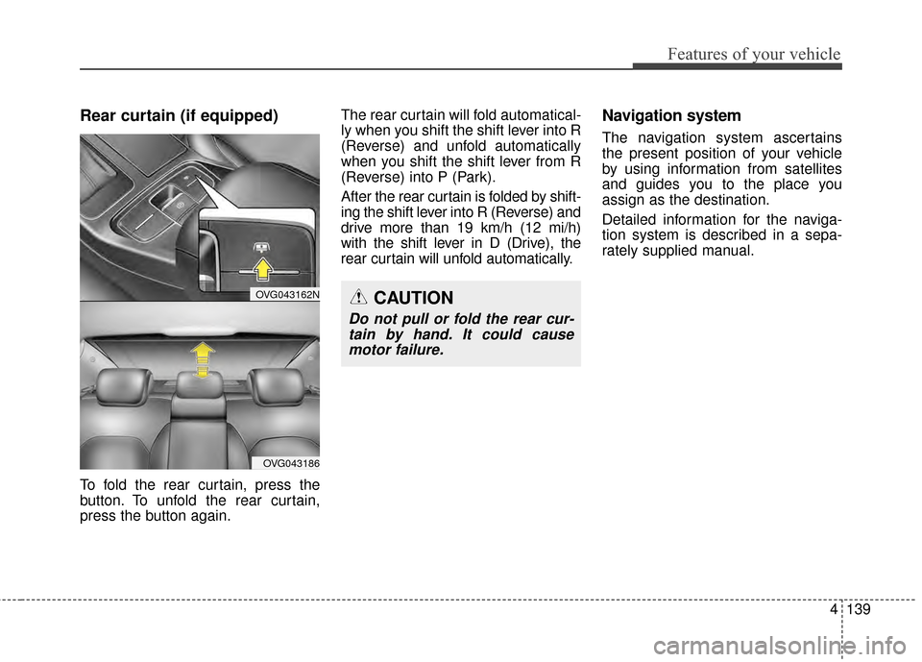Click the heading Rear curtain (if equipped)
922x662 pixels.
(179, 116)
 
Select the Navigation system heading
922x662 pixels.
(671, 116)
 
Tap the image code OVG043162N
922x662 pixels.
(287, 295)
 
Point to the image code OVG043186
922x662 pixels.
(291, 463)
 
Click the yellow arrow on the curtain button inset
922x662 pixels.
(263, 268)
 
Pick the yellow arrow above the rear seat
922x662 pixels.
(203, 360)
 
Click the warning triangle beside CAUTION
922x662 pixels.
(358, 298)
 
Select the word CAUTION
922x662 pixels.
(413, 299)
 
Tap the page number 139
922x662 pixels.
(859, 609)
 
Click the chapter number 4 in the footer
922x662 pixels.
(834, 609)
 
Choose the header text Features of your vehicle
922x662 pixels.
(754, 54)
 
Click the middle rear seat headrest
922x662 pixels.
(200, 387)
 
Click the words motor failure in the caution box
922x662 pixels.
(396, 350)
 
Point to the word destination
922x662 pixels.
(733, 200)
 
